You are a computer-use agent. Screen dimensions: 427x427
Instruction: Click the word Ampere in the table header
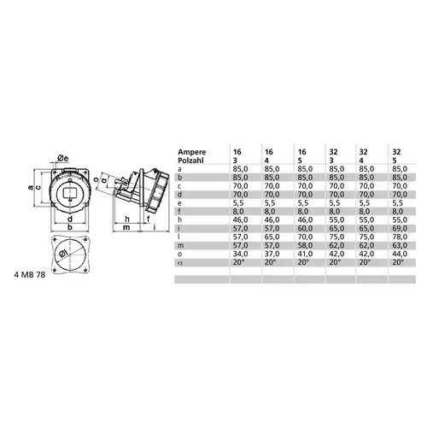pos(192,152)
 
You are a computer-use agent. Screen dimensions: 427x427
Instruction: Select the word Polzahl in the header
pos(190,161)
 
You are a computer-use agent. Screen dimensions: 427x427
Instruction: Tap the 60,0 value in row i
pos(305,229)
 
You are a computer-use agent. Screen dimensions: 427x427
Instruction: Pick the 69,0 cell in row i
pos(400,229)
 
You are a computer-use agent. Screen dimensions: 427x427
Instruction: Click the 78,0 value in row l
pos(400,237)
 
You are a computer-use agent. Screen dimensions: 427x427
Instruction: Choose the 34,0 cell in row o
pos(240,254)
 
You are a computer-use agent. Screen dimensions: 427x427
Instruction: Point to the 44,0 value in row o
pos(400,254)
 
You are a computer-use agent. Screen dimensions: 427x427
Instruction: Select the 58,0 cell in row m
pos(305,245)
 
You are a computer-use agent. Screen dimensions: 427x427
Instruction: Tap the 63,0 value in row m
pos(400,245)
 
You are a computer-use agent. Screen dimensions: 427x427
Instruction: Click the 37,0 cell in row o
pos(272,254)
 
